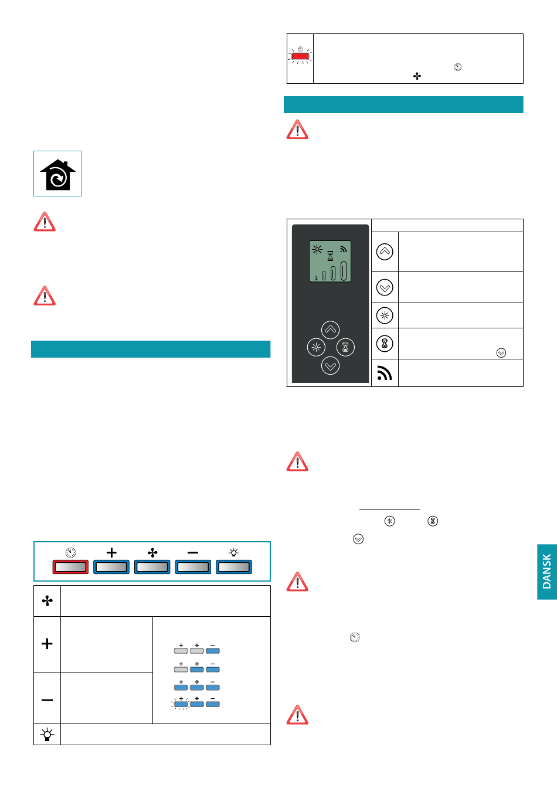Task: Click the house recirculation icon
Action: pos(57,174)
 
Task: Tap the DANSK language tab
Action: pos(546,572)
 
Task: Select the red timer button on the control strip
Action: pos(70,567)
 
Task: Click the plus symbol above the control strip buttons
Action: pos(111,552)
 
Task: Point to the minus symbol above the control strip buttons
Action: pos(193,552)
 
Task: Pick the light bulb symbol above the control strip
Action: pos(234,552)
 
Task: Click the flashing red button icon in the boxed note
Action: pos(300,57)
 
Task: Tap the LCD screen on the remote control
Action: pos(330,261)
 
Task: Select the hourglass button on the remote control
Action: pos(345,347)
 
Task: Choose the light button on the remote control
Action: pos(316,347)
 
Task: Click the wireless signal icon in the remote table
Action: pos(385,373)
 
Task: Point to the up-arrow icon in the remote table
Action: pos(385,252)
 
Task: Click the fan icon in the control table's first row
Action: pos(47,601)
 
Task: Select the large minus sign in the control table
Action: pos(47,699)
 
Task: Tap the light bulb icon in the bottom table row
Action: pos(47,734)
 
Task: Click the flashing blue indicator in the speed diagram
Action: pos(181,704)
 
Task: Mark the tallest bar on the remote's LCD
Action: pos(344,271)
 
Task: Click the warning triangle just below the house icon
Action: pos(45,222)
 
